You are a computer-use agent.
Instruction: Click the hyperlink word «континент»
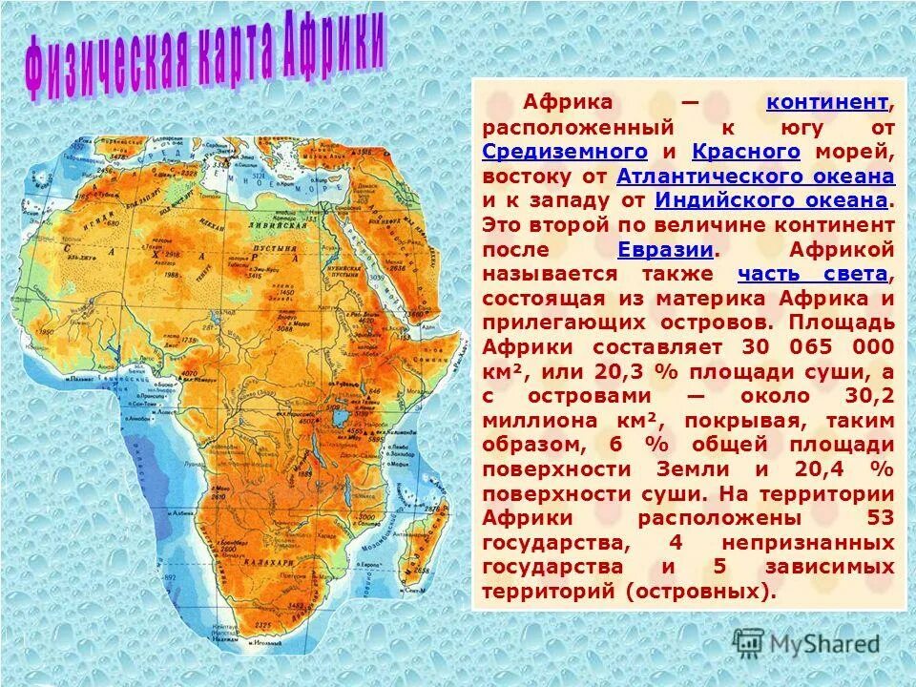pos(827,102)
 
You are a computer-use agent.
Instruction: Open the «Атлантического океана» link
pos(756,177)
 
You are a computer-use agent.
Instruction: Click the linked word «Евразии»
pos(666,250)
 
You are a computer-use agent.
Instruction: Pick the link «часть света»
pos(813,275)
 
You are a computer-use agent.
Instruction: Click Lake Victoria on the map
pos(336,418)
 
